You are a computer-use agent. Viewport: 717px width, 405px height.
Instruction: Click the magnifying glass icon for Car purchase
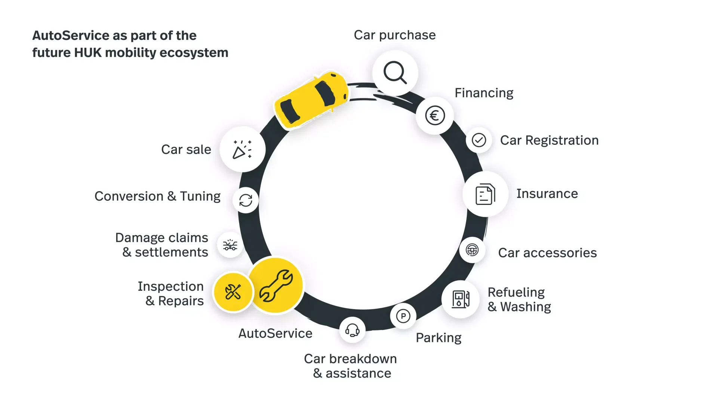point(395,72)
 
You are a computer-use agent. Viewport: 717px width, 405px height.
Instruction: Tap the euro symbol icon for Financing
point(435,116)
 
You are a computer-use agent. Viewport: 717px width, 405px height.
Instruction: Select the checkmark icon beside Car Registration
point(478,140)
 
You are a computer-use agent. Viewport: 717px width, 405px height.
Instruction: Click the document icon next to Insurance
point(485,194)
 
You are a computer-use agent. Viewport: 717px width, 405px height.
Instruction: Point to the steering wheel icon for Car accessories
point(472,250)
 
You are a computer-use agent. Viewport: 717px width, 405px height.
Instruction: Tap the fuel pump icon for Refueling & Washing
point(460,299)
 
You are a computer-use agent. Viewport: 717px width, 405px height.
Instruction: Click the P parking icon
point(403,316)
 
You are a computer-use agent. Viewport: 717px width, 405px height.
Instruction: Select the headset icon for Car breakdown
point(352,330)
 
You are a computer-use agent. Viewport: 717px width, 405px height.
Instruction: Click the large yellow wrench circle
point(276,286)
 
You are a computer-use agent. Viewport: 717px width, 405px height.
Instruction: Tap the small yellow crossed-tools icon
point(233,292)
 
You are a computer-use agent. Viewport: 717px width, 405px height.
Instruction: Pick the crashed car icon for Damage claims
point(230,245)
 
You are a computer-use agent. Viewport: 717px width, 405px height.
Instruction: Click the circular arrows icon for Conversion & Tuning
point(246,200)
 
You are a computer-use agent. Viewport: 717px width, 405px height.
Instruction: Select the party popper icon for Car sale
point(242,149)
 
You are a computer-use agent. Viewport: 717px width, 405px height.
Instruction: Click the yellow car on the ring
point(311,99)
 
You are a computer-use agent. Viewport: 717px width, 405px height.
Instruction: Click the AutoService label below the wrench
point(275,333)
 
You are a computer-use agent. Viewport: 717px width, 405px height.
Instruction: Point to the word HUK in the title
point(88,53)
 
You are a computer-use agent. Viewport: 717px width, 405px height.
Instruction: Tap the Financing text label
point(484,93)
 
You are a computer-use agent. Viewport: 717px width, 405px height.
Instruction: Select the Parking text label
point(438,338)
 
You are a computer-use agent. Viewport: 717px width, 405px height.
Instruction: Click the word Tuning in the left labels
point(200,196)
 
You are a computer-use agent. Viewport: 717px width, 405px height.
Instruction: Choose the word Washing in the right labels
point(525,307)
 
